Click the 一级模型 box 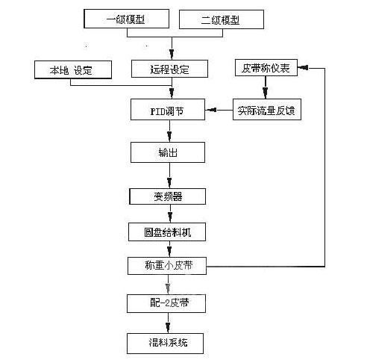[127, 19]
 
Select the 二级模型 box [222, 19]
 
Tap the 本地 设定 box [73, 69]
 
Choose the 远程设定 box [169, 69]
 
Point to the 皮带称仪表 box [266, 67]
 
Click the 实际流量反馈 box [267, 110]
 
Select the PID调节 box [168, 110]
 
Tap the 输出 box [168, 152]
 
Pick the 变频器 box [168, 196]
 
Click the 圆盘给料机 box [167, 232]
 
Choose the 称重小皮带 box [167, 266]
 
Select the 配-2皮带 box [166, 303]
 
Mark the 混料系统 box [166, 344]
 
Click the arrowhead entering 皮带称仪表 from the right [304, 67]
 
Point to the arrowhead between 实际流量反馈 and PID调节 [212, 110]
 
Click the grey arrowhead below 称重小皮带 [168, 288]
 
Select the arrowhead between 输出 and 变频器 [169, 182]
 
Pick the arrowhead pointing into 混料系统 [168, 327]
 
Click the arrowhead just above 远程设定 [172, 54]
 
